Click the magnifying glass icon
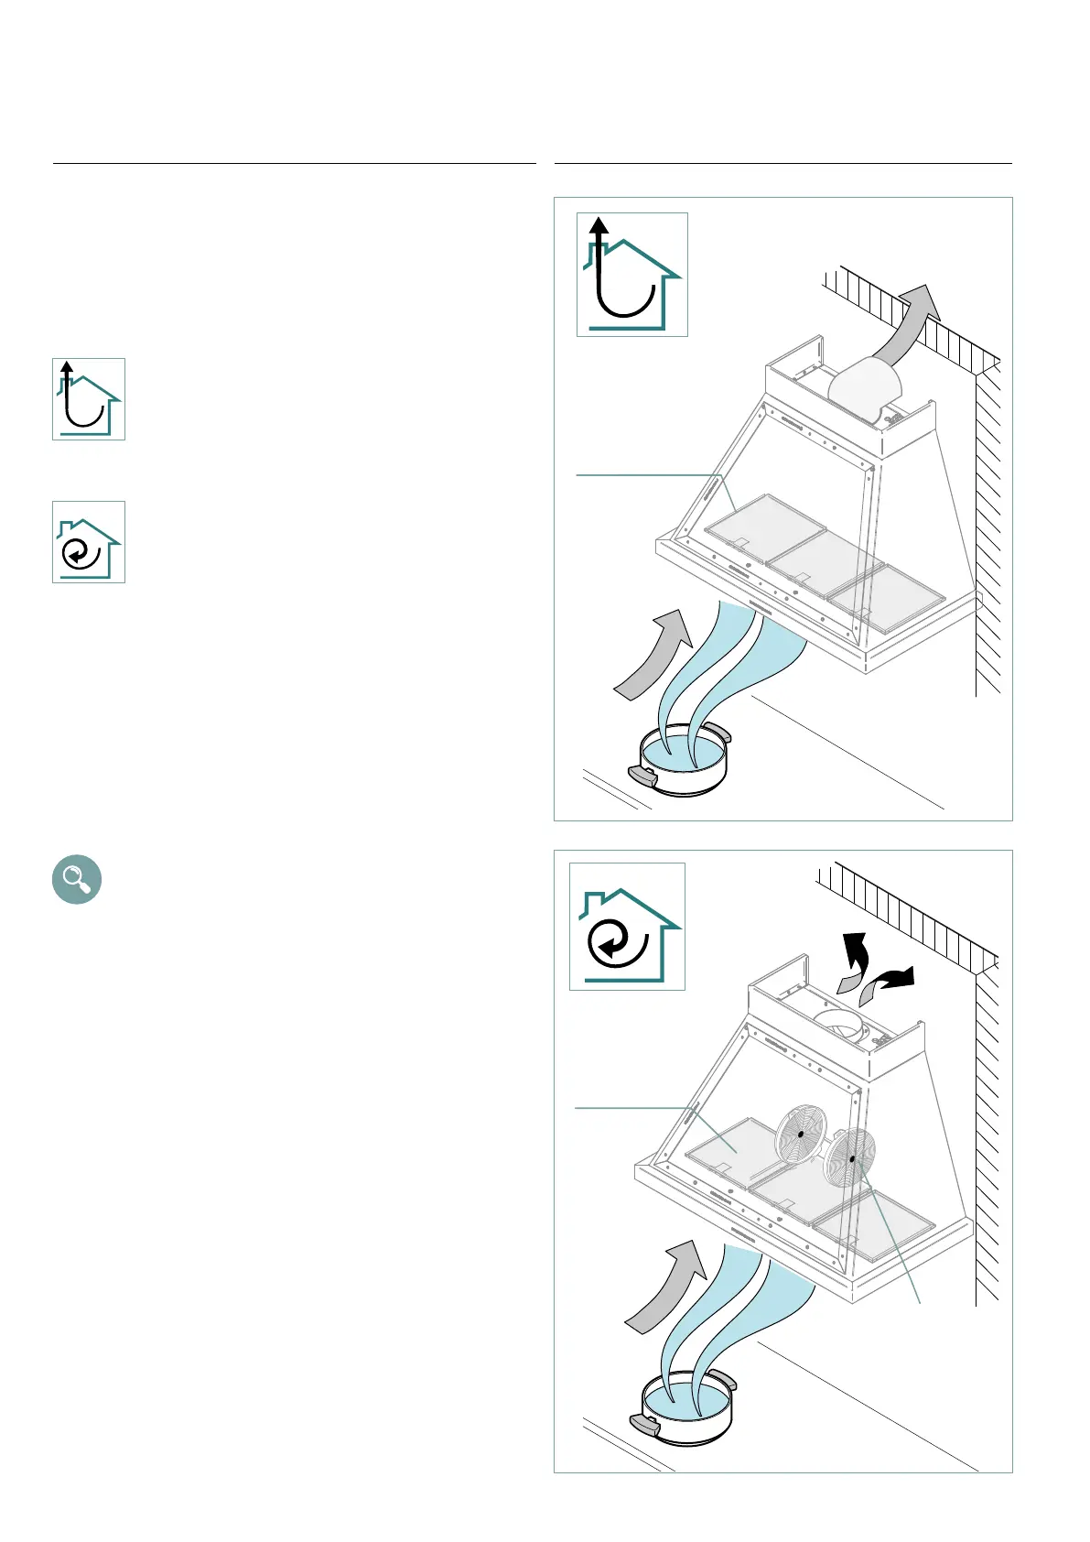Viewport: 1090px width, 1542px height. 77,880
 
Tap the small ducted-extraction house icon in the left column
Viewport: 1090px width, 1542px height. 89,399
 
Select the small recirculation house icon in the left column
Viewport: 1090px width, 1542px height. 89,542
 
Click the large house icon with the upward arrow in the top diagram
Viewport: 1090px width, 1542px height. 631,275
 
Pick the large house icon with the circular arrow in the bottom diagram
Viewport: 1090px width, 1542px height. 627,926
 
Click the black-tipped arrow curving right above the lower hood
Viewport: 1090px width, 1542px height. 888,985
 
